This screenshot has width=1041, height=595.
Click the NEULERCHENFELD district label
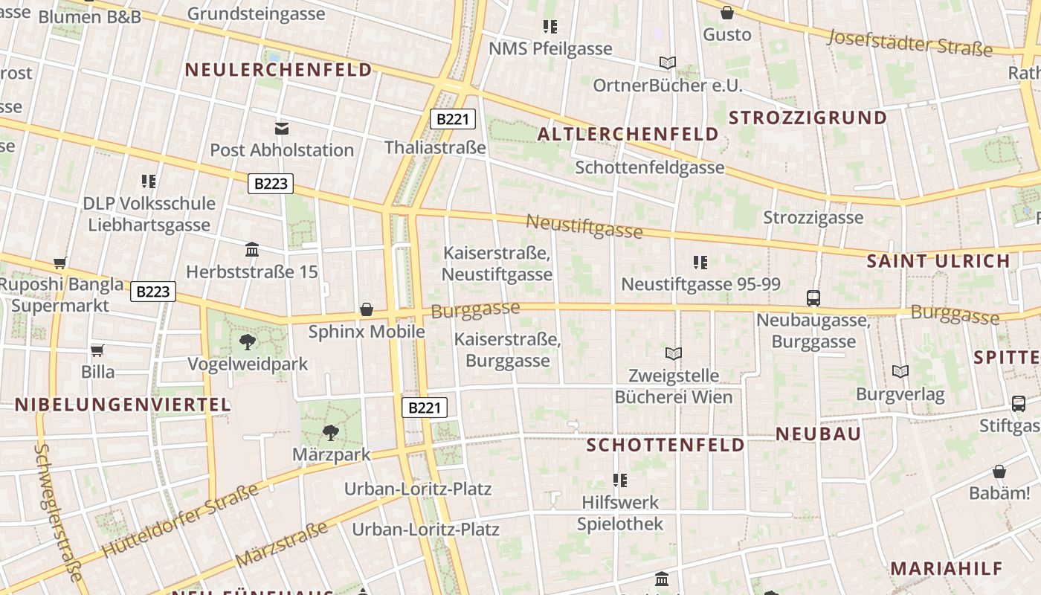pyautogui.click(x=278, y=70)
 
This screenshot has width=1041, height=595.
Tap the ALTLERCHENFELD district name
pyautogui.click(x=628, y=135)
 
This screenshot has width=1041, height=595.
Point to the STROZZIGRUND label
pyautogui.click(x=808, y=118)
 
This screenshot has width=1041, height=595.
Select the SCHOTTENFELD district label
pyautogui.click(x=665, y=445)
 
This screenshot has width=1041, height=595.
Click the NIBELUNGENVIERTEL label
pyautogui.click(x=123, y=405)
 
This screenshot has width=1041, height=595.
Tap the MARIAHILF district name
pyautogui.click(x=947, y=569)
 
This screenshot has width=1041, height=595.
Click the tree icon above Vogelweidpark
pyautogui.click(x=248, y=342)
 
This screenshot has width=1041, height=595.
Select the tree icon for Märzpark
pyautogui.click(x=331, y=432)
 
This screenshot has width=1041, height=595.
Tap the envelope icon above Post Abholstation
pyautogui.click(x=282, y=129)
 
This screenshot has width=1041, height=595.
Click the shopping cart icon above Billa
pyautogui.click(x=97, y=350)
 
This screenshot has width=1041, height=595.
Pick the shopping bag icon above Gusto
pyautogui.click(x=727, y=13)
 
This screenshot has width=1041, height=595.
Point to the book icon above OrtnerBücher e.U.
pyautogui.click(x=667, y=63)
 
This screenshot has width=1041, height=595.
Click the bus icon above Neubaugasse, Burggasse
pyautogui.click(x=813, y=298)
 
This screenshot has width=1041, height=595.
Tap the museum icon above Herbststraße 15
pyautogui.click(x=252, y=250)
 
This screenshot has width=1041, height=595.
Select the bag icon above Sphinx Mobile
pyautogui.click(x=367, y=309)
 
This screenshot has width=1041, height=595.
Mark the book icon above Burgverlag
pyautogui.click(x=900, y=371)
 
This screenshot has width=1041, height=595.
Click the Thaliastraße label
pyautogui.click(x=435, y=147)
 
